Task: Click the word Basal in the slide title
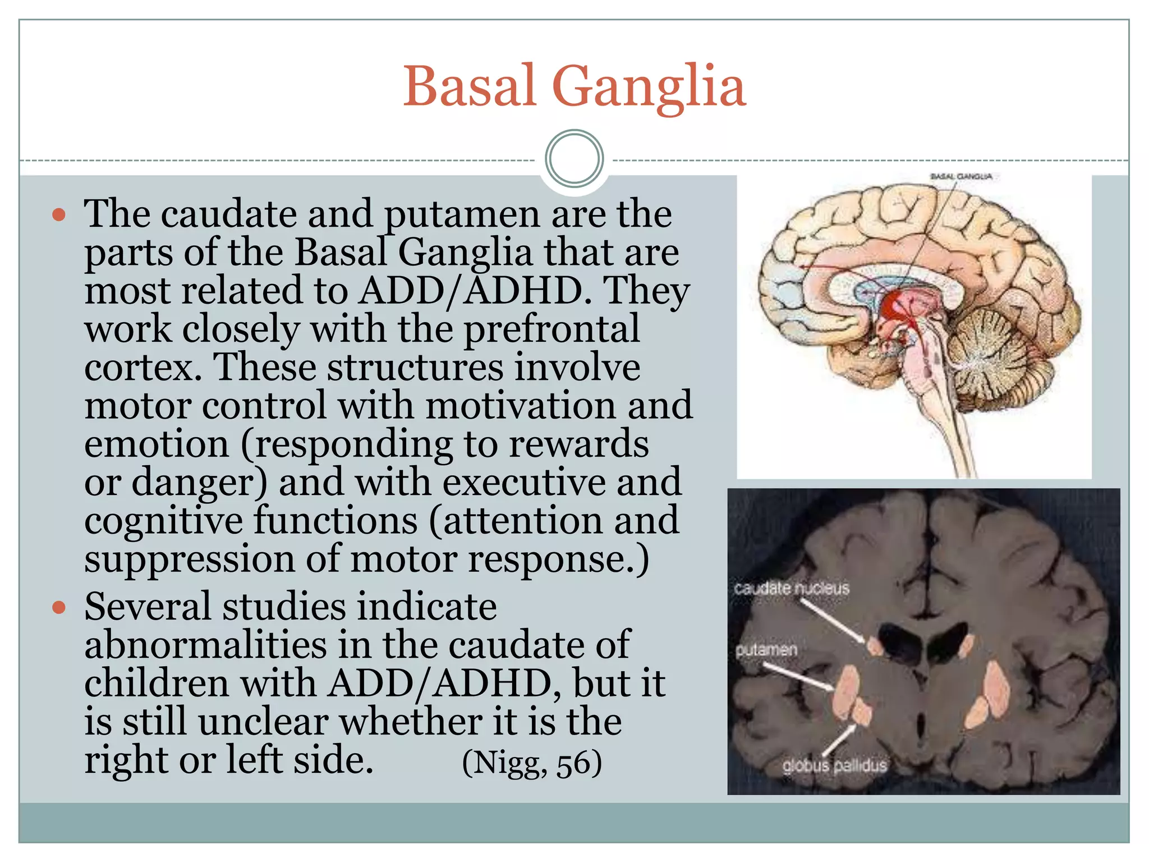click(x=470, y=87)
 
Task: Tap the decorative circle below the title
click(x=574, y=158)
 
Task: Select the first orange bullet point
click(x=59, y=215)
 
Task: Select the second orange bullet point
click(x=59, y=608)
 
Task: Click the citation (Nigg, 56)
click(x=531, y=763)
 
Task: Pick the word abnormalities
click(x=205, y=645)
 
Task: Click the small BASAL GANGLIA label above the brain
click(x=961, y=177)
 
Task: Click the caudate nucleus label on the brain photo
click(x=791, y=589)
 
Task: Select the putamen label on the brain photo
click(x=766, y=650)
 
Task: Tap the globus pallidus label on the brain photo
click(x=834, y=765)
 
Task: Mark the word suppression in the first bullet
click(x=189, y=560)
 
